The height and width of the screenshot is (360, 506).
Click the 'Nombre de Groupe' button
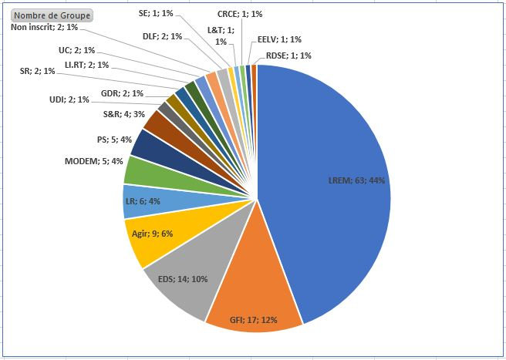(52, 15)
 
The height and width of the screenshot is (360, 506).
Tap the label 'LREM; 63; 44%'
(356, 180)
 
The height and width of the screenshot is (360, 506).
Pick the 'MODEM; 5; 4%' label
(93, 160)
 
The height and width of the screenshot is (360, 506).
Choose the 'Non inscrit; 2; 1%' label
(44, 28)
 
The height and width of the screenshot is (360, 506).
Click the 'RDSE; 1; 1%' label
(288, 56)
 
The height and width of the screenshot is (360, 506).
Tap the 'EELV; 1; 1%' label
(279, 39)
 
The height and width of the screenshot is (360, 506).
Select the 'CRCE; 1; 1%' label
(240, 14)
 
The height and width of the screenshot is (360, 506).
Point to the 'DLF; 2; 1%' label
(163, 36)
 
